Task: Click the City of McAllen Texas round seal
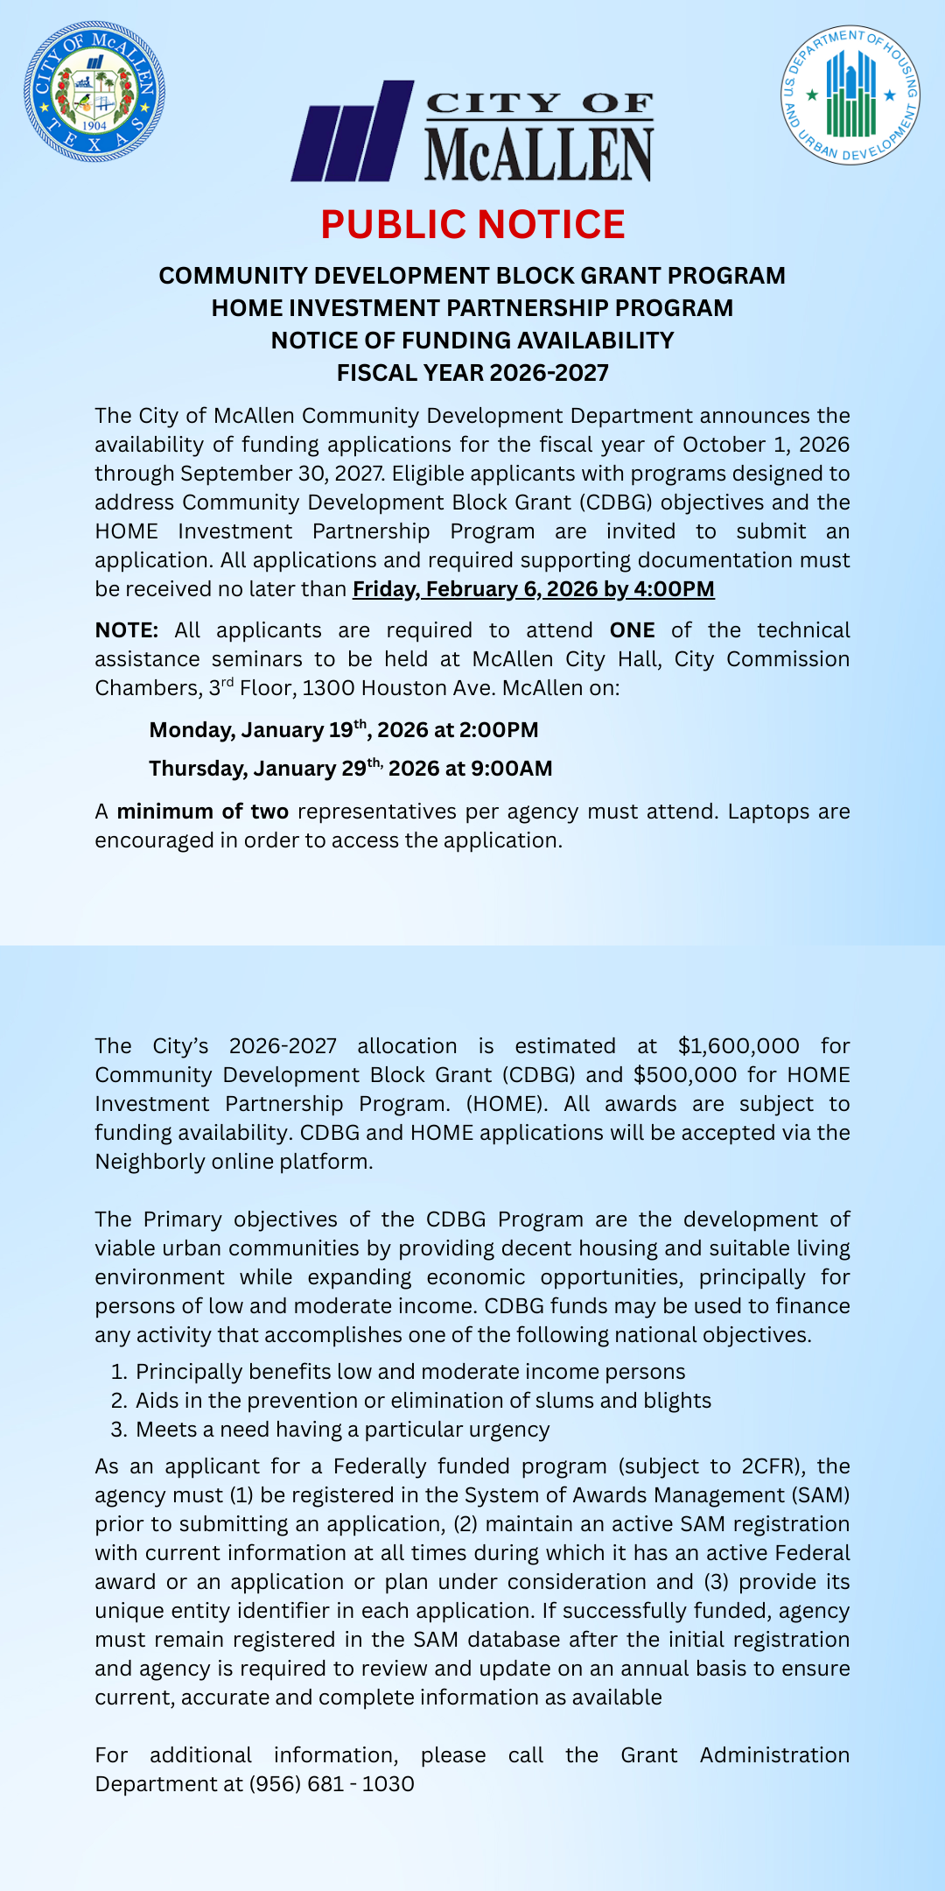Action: click(94, 91)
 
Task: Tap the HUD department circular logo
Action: click(850, 95)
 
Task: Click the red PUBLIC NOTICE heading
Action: click(472, 225)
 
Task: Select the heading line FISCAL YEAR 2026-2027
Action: click(472, 373)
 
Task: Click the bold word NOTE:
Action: click(127, 630)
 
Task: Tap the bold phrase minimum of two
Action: click(203, 812)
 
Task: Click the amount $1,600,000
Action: click(738, 1046)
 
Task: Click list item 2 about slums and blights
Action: click(423, 1401)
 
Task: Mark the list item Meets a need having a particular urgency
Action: click(342, 1430)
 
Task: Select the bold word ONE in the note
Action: click(632, 630)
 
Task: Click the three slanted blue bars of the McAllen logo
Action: click(353, 132)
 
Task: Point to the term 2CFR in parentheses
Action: click(770, 1466)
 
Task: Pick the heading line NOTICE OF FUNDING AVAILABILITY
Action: click(472, 341)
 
